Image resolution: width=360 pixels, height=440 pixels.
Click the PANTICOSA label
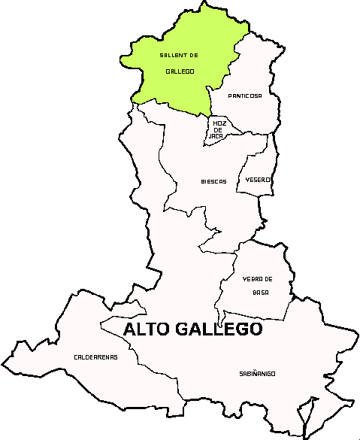pos(245,96)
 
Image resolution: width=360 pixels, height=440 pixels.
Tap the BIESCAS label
pos(213,181)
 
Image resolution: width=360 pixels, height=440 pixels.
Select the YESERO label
pos(258,181)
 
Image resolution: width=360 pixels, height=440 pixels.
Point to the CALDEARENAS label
pos(95,357)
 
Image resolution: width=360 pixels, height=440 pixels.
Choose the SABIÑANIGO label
pos(257,374)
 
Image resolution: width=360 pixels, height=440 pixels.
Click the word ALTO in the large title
pos(147,329)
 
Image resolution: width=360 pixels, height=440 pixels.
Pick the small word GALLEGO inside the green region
pos(180,71)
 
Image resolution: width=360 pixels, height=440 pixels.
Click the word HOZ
pos(219,123)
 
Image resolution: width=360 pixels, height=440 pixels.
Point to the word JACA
pos(216,136)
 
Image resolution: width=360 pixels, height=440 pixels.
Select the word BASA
pos(261,293)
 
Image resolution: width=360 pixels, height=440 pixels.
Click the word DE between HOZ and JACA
pos(219,129)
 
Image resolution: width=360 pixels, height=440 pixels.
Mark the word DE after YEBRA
pos(268,279)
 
